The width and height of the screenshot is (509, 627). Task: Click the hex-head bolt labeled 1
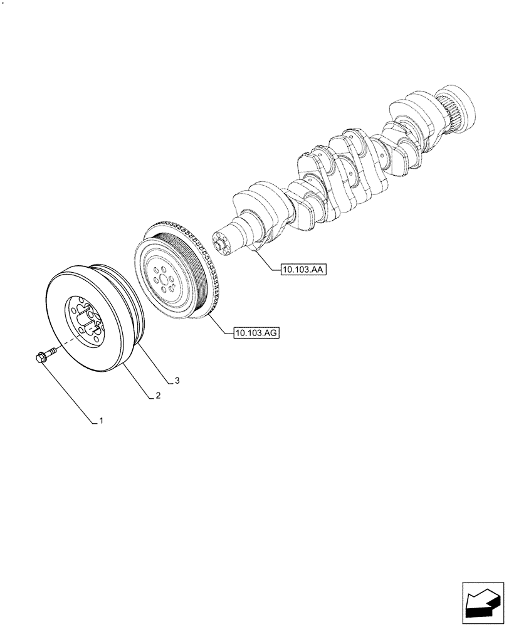[41, 358]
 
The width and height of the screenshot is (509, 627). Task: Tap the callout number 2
[159, 396]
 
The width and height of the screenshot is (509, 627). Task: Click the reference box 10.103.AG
[256, 334]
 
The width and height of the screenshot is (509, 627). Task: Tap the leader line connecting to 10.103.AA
[266, 262]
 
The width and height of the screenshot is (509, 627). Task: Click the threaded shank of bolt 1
[50, 353]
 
